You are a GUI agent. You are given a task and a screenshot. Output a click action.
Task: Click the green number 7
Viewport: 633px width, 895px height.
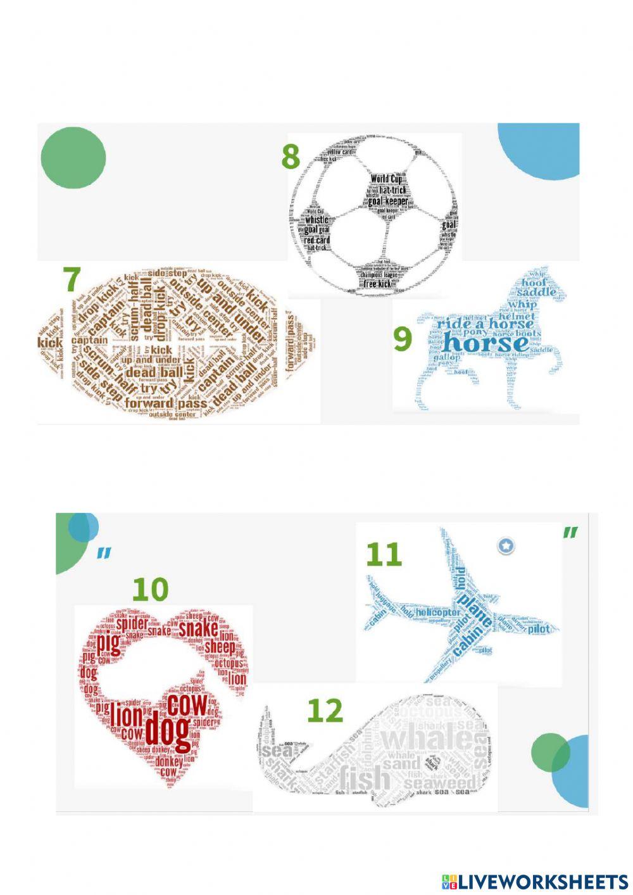coord(73,279)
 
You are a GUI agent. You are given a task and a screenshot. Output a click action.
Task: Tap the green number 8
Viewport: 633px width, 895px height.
coord(291,156)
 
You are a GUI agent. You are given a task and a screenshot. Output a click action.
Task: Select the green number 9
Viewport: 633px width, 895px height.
coord(403,338)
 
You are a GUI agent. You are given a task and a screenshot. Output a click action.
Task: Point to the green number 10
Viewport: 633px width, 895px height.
coord(150,589)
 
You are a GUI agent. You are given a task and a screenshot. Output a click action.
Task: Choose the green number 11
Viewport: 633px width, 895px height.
coord(384,554)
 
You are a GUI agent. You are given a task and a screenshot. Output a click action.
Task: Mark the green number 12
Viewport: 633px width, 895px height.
coord(325,711)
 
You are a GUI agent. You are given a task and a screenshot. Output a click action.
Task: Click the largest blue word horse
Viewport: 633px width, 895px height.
coord(485,343)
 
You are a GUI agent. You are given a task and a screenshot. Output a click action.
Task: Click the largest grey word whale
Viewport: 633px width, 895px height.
coord(427,739)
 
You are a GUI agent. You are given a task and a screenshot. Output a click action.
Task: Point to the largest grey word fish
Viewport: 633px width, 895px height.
coord(365,778)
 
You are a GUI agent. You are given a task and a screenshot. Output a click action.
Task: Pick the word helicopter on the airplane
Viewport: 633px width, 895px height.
coord(438,613)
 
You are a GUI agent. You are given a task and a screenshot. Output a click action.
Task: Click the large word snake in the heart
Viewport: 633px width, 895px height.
coord(198,629)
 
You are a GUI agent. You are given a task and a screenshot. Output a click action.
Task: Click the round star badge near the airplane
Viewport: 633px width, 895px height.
coord(505,545)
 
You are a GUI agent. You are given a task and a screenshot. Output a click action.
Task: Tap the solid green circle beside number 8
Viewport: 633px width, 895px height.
coord(73,158)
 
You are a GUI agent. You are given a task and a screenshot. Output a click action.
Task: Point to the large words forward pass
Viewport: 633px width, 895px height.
coord(166,403)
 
